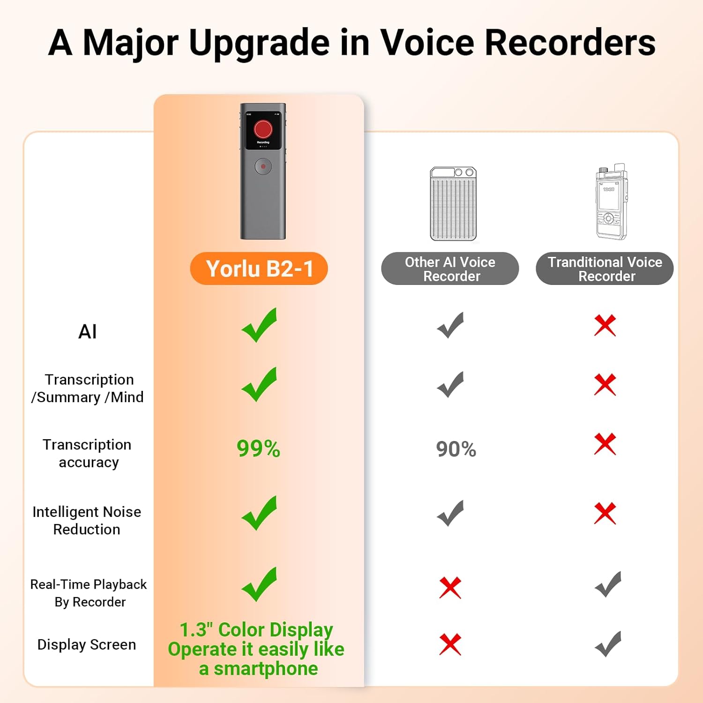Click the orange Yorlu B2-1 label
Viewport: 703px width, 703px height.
[x=259, y=269]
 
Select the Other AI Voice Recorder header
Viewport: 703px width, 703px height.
[x=450, y=269]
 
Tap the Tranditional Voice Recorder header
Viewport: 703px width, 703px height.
[x=605, y=269]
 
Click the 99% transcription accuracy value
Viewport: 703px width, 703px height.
[x=258, y=449]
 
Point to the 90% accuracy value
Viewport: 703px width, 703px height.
[x=456, y=449]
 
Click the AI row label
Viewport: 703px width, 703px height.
[x=88, y=332]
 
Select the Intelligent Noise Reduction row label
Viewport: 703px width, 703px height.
[x=87, y=520]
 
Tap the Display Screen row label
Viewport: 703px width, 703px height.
[x=87, y=644]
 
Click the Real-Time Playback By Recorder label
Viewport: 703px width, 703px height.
[x=89, y=593]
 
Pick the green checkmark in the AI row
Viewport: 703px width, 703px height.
[x=259, y=325]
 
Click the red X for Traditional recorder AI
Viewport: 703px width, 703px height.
[x=605, y=325]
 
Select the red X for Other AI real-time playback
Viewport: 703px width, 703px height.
[x=450, y=587]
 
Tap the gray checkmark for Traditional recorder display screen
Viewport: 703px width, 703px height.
[x=608, y=644]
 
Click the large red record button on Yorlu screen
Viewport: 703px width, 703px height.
[x=263, y=129]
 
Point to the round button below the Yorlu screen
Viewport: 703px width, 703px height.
[x=263, y=166]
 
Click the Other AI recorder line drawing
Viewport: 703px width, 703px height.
[x=453, y=203]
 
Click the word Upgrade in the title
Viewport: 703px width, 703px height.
[x=260, y=43]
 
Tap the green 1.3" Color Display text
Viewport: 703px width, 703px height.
[x=256, y=630]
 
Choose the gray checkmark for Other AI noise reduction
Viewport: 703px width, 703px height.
[x=450, y=513]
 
